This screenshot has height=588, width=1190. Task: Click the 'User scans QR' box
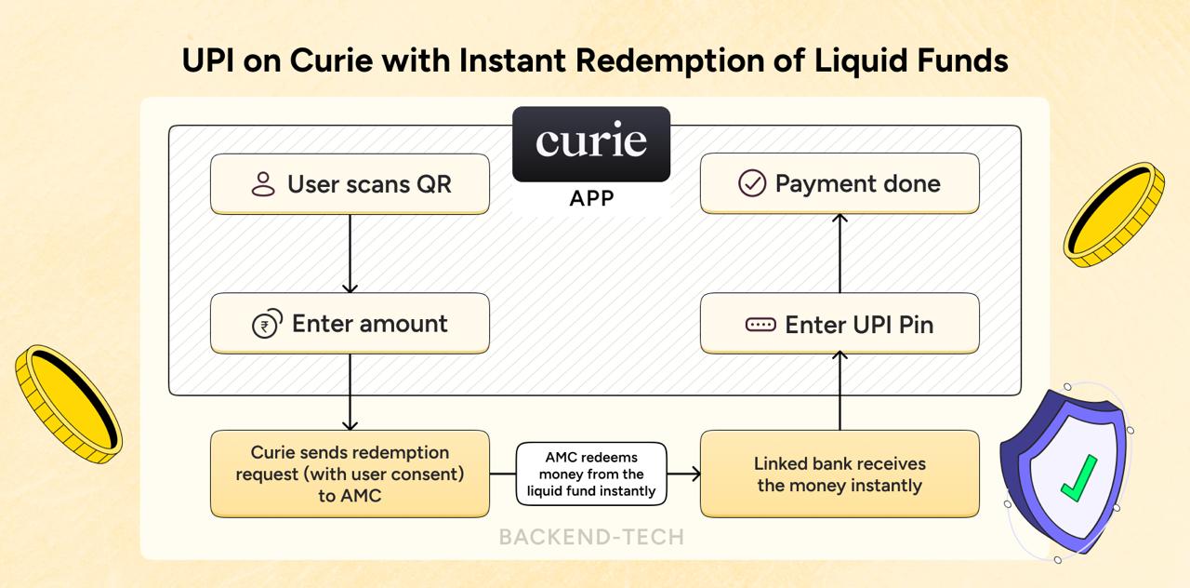(x=350, y=184)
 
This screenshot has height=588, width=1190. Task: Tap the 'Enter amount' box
(x=350, y=324)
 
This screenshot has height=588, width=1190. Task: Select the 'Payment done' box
(x=840, y=183)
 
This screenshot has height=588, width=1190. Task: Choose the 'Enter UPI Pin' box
(x=840, y=324)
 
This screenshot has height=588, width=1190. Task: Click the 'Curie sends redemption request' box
(x=350, y=474)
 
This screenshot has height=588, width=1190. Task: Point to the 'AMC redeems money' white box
(x=591, y=474)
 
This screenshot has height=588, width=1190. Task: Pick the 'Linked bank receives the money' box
(x=840, y=474)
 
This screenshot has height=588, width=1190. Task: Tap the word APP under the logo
(x=591, y=199)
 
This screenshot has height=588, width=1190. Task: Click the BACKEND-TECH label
(x=591, y=537)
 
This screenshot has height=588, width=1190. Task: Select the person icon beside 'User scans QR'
(x=263, y=184)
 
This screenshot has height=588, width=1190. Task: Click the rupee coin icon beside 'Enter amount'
(x=267, y=325)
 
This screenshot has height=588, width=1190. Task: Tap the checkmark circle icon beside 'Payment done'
(x=751, y=183)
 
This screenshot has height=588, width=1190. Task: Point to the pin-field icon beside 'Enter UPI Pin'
(x=760, y=325)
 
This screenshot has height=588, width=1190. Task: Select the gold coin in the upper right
(x=1114, y=214)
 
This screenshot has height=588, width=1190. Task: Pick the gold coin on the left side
(x=68, y=403)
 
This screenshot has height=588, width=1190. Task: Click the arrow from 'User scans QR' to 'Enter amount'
(x=350, y=253)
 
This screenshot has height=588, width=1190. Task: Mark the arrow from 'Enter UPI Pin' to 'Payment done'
(x=840, y=253)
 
